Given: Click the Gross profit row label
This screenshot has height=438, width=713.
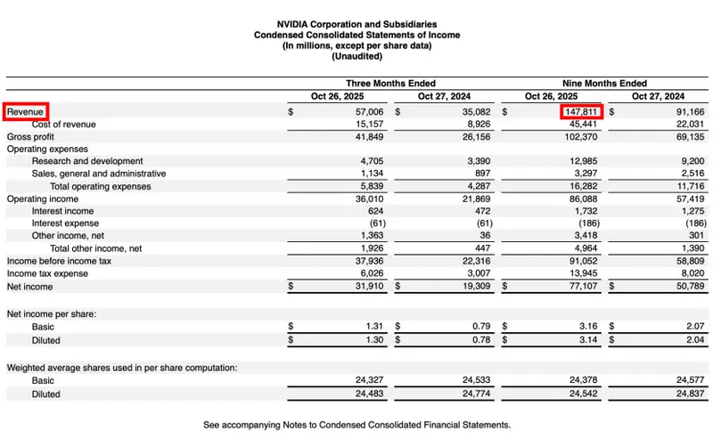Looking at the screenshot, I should pyautogui.click(x=31, y=137).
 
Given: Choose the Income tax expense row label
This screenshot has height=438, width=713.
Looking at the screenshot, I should pyautogui.click(x=47, y=274).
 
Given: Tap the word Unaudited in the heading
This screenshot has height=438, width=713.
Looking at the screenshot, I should pyautogui.click(x=356, y=56).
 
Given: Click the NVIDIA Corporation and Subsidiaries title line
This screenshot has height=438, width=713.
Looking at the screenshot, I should pyautogui.click(x=356, y=24).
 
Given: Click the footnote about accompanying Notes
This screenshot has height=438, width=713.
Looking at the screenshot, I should pyautogui.click(x=356, y=425).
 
